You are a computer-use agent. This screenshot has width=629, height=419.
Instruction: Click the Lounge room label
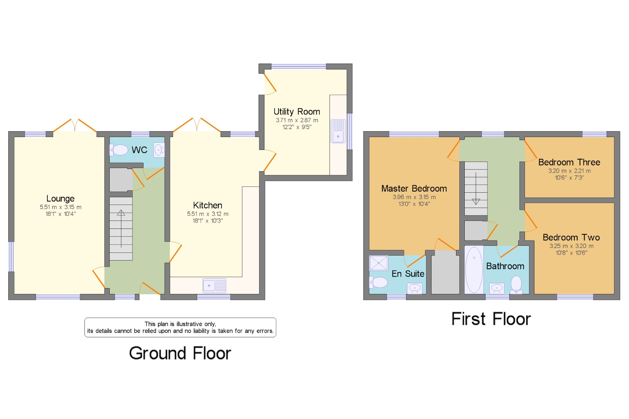[x=60, y=198]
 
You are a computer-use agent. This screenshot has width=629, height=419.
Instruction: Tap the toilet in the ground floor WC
[x=119, y=150]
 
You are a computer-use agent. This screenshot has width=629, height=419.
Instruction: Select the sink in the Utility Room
[x=338, y=131]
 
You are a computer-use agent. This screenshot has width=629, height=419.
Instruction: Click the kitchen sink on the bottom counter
[x=214, y=285]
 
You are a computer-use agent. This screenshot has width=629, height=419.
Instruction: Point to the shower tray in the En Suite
[x=378, y=263]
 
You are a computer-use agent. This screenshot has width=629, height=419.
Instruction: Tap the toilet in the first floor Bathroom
[x=516, y=284]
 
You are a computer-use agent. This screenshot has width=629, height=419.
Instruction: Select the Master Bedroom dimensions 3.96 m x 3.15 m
[x=414, y=197]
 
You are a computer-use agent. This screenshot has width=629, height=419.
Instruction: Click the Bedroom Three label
[x=569, y=162]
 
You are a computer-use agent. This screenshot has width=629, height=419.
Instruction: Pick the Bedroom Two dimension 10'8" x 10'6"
[x=571, y=253]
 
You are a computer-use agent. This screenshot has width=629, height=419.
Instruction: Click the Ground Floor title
[x=180, y=353]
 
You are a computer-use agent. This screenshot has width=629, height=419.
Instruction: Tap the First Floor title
[x=491, y=319]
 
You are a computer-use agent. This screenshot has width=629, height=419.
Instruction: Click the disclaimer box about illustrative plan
[x=180, y=327]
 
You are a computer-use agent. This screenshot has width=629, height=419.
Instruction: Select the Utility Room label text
[x=297, y=112]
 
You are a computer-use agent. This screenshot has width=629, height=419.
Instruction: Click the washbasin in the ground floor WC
[x=158, y=150]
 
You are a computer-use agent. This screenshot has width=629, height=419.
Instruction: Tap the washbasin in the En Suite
[x=414, y=288]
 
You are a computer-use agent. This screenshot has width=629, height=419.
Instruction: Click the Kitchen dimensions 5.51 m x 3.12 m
[x=208, y=214]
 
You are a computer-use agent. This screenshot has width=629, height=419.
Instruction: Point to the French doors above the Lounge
[x=75, y=126]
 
